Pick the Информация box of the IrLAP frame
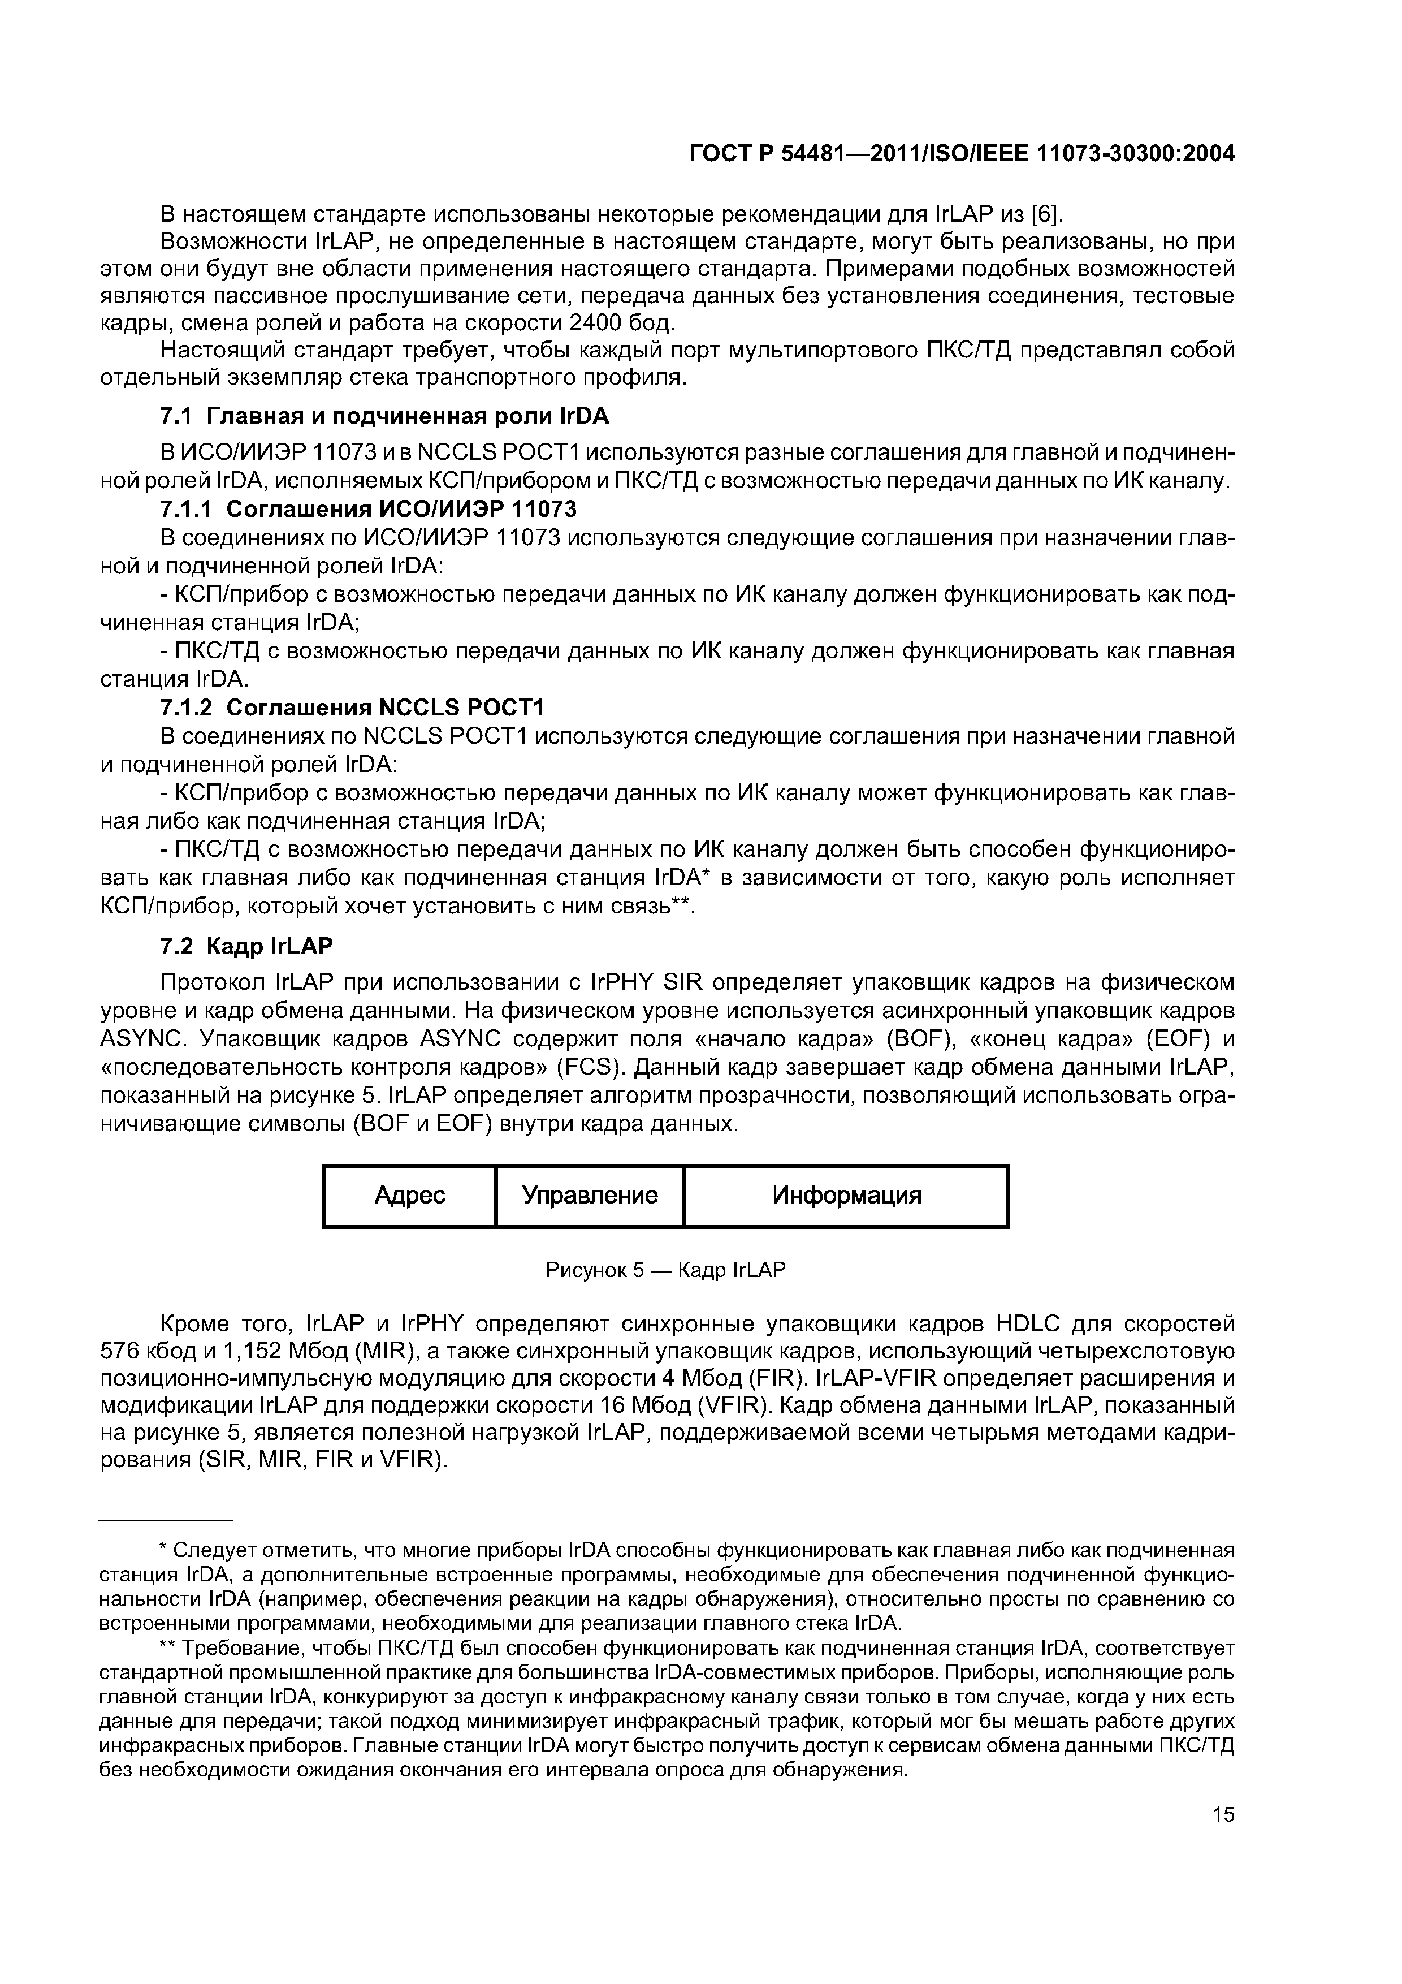tap(846, 1196)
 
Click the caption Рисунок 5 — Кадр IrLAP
tap(665, 1270)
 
